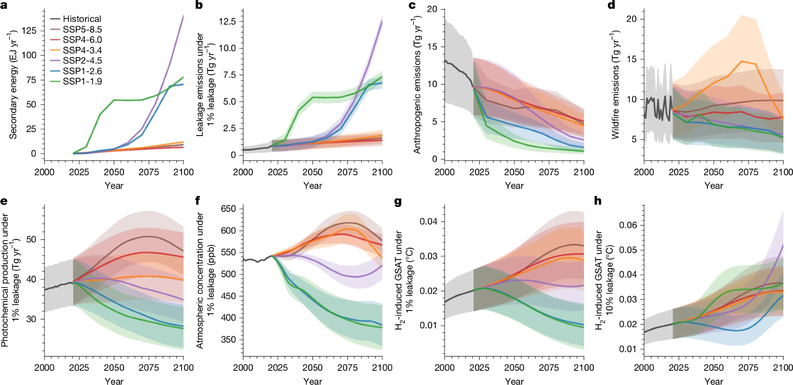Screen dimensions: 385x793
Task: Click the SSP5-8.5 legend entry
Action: (x=82, y=29)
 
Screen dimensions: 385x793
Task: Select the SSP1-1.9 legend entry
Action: (x=82, y=81)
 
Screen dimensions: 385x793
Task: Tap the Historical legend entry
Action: (x=81, y=19)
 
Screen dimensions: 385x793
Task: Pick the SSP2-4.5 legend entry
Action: (x=82, y=61)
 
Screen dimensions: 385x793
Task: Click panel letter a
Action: (x=4, y=5)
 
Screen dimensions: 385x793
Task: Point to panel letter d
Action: (x=611, y=5)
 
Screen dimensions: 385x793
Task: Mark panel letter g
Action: (x=398, y=202)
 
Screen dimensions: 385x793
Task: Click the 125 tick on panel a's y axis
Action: (x=29, y=31)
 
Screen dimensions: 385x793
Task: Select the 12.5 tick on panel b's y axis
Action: (x=227, y=21)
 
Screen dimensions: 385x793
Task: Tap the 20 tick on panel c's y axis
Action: (x=432, y=9)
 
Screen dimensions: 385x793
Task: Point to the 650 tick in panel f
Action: (x=228, y=209)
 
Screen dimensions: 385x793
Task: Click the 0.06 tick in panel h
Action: (x=628, y=225)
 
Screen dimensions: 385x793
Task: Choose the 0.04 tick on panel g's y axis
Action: (x=429, y=221)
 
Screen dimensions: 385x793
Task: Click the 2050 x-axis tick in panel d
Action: (x=713, y=172)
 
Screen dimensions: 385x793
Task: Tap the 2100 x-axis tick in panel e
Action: (x=183, y=368)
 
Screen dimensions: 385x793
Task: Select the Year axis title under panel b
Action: (x=312, y=186)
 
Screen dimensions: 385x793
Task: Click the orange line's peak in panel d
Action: (x=741, y=61)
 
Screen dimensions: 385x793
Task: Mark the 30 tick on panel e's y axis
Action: (x=31, y=319)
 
